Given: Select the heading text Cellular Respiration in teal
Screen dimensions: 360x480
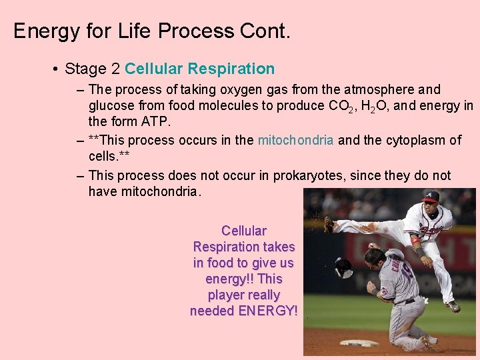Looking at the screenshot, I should click(x=199, y=69).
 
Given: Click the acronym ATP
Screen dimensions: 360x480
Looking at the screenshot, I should click(x=158, y=121).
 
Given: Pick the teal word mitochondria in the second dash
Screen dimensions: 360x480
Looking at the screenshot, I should click(x=295, y=140).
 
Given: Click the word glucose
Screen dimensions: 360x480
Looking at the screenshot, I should click(x=112, y=105).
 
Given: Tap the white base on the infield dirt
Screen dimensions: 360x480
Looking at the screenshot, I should click(x=359, y=343).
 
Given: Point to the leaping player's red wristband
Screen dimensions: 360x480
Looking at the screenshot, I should click(x=415, y=241).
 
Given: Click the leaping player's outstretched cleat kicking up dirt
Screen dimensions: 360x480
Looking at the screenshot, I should click(x=328, y=224).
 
